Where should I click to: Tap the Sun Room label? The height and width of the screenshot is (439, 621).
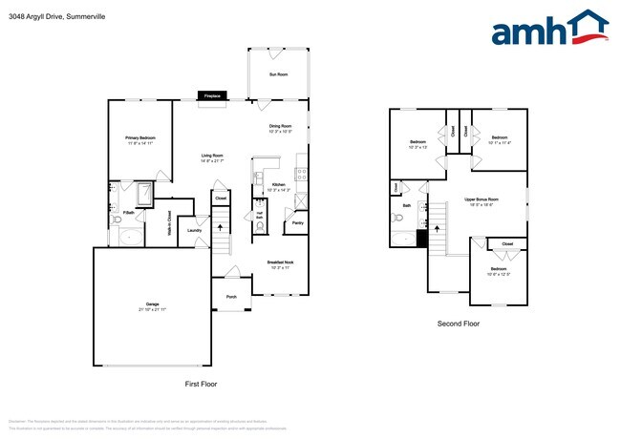(x=277, y=73)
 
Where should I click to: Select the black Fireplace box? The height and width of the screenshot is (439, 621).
(x=212, y=95)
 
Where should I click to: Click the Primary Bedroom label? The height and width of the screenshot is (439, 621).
(x=140, y=138)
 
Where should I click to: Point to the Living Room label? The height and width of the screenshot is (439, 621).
(x=212, y=156)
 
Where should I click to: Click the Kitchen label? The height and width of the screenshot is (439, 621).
(x=279, y=184)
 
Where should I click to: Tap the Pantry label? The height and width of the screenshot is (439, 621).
(x=297, y=223)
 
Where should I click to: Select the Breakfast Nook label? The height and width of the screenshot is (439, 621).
(x=280, y=261)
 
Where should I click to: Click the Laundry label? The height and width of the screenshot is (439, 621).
(x=194, y=230)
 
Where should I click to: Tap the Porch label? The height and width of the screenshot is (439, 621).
(x=231, y=297)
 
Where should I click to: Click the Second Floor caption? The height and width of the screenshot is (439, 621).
(x=459, y=324)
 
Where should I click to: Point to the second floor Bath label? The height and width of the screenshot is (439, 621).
(x=407, y=205)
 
